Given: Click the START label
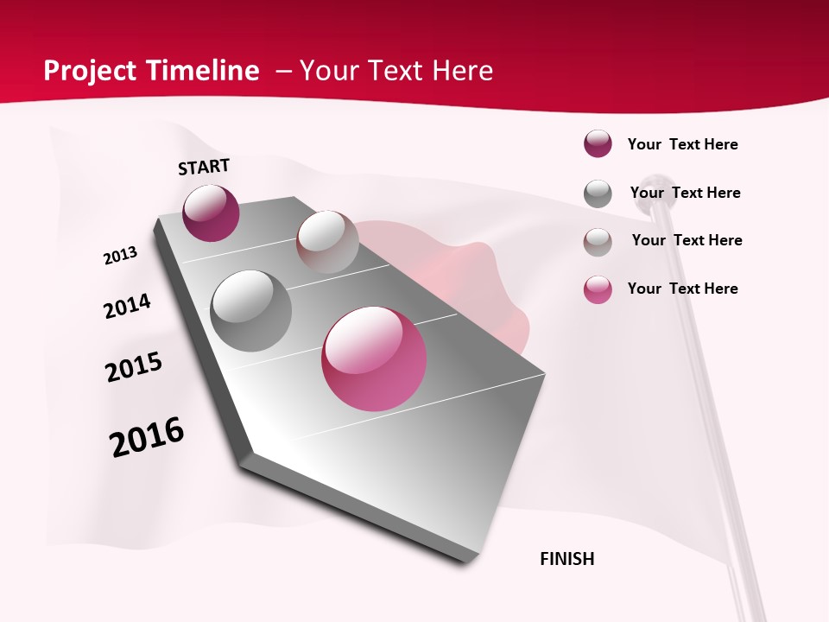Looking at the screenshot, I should point(204,167).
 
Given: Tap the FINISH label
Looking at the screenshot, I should point(567,559).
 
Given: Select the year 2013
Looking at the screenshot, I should point(121,256).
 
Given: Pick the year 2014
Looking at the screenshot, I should point(127,306).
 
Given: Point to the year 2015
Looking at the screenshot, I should point(134,367).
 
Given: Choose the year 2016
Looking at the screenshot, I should point(147,437).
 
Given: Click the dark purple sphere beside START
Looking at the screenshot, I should point(211,213).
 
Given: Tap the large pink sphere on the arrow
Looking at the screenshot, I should point(374,359).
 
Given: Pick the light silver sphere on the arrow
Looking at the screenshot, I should point(327,241).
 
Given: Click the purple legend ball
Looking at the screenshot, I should point(598,144).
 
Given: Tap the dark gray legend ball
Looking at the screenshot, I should point(598,194).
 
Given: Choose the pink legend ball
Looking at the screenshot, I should point(598,289).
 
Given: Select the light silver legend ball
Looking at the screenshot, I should point(598,242).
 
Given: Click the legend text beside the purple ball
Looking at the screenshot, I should point(682,144).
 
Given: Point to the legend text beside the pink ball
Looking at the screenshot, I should point(682,289).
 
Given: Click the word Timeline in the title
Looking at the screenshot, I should point(204,71).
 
